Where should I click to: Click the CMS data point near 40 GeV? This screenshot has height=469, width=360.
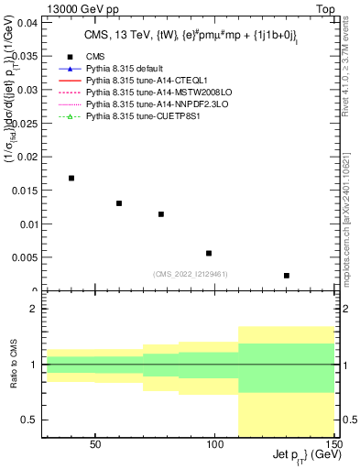coord(71,178)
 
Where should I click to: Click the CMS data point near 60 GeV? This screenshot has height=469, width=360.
coord(119,203)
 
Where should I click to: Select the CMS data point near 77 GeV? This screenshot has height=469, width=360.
coord(161,214)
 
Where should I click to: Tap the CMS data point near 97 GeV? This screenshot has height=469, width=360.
coord(209,253)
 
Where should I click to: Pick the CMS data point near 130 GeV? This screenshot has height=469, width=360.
coord(287,276)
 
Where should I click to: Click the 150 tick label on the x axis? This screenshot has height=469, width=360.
coord(334,444)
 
